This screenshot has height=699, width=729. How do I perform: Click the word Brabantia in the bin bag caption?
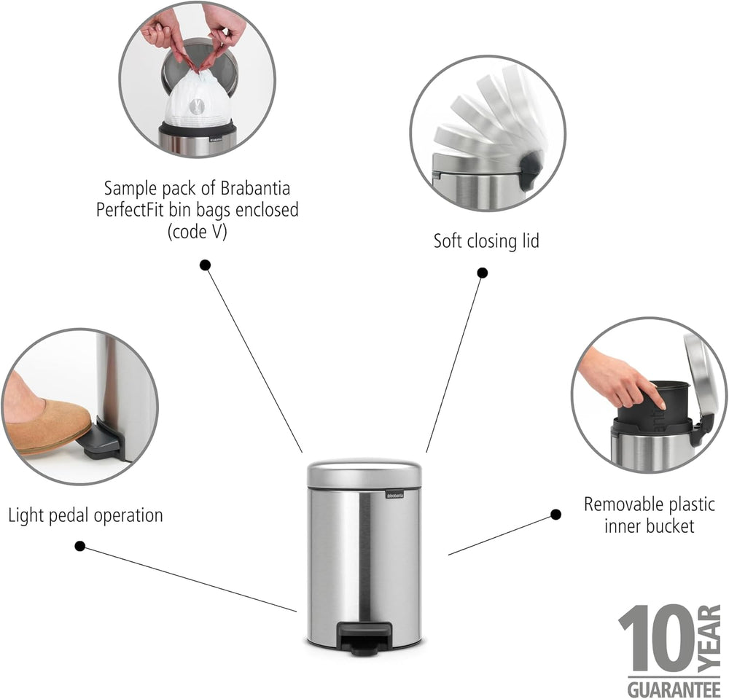click(x=255, y=188)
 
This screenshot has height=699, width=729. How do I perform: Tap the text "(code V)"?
click(x=197, y=232)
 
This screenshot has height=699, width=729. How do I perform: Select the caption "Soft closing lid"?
click(x=486, y=241)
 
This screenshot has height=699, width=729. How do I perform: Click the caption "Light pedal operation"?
click(x=85, y=515)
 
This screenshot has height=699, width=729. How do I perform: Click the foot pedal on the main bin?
click(x=364, y=636)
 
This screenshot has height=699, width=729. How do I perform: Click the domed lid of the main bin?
click(x=364, y=473)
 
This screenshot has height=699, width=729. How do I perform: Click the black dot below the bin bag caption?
click(x=205, y=265)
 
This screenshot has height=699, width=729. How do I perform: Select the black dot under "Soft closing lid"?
click(x=483, y=273)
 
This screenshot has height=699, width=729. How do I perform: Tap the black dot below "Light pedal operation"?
click(x=80, y=546)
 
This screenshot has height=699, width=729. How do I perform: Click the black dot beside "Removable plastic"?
click(x=555, y=515)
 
